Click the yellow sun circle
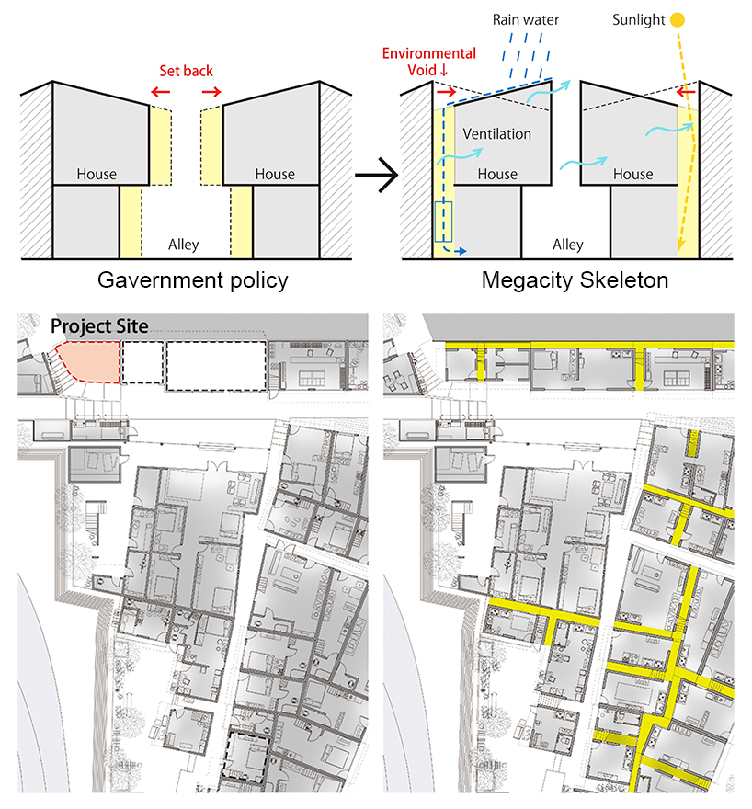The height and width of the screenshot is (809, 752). pos(678,20)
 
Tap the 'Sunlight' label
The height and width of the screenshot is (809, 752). pos(639,20)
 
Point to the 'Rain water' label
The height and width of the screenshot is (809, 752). pos(526,20)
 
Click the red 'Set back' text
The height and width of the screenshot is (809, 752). pos(186,71)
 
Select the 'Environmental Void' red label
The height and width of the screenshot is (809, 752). pos(428,62)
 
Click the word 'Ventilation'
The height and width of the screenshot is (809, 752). pos(496,134)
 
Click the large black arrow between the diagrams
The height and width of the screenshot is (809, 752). pos(377,175)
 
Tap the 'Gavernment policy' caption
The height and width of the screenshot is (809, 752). pos(193,280)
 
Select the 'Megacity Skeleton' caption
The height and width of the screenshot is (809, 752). pos(575,280)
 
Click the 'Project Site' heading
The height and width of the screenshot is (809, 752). pos(99,326)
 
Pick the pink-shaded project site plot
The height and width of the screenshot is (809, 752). pos(88,361)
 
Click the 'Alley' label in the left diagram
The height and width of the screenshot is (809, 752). pos(183,244)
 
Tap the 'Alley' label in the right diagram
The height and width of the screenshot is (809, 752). pos(568,244)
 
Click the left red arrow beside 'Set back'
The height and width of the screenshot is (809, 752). pos(160,92)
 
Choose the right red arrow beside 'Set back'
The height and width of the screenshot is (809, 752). pos(211,92)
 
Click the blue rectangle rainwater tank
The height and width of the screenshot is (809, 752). pos(443,222)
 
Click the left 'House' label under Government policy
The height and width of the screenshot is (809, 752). pos(97,175)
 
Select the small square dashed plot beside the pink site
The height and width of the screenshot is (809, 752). pos(142,362)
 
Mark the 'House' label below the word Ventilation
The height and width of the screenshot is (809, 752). pos(497,175)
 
